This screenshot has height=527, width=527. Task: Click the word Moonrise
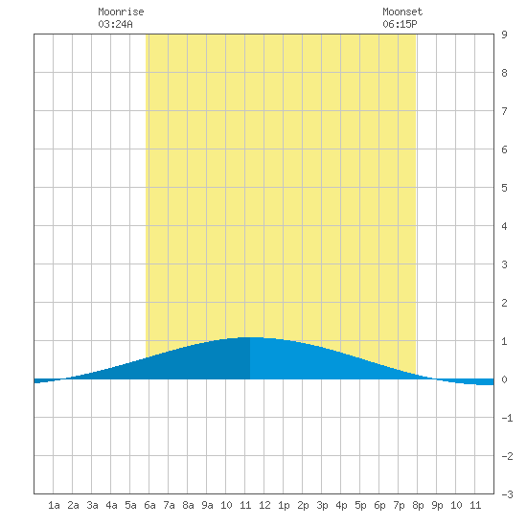coord(121,11)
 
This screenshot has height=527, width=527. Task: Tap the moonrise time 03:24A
coord(115,24)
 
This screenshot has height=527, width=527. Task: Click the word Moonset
coord(402,11)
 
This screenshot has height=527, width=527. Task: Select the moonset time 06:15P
coord(400,24)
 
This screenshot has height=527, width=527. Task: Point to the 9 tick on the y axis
coord(504,34)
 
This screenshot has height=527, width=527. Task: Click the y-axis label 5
coord(504,188)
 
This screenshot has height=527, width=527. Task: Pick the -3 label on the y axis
coord(507,494)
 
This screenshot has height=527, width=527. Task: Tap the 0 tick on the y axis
coord(504,379)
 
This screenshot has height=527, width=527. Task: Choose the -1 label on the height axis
coord(507,418)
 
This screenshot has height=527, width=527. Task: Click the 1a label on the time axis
coord(54,505)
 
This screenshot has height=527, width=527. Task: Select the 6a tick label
coord(149,505)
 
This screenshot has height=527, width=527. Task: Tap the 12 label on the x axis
coord(264,505)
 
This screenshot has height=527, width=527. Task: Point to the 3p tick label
coord(322,505)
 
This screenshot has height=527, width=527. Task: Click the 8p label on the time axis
coord(418,505)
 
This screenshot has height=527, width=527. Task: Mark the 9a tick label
coord(207,505)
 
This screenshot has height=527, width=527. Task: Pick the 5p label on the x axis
coord(360,505)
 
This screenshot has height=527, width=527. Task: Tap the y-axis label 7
coord(504,111)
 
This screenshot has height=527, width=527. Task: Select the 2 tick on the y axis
coord(504,303)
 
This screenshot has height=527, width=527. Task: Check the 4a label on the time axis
coord(111,505)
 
